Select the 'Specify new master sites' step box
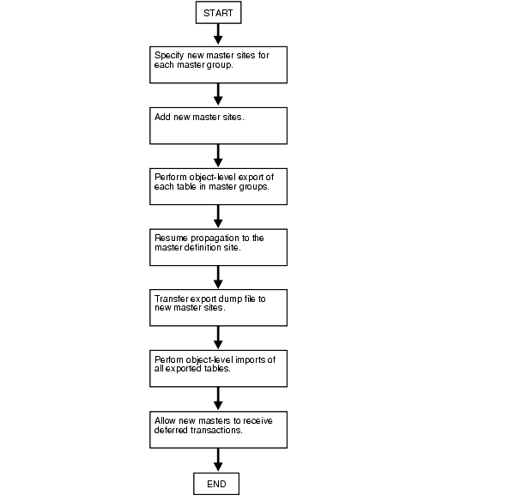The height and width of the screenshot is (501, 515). pos(219,64)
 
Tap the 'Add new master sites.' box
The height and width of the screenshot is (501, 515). pos(219,125)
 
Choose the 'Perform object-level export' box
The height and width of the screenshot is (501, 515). pos(219,186)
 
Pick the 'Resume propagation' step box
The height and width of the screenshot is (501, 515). pos(219,247)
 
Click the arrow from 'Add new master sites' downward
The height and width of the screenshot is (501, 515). pos(219,155)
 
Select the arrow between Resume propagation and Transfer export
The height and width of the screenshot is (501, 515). pos(219,277)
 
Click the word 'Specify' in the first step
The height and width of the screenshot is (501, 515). pos(168,55)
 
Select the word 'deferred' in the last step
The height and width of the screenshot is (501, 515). pos(171,430)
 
